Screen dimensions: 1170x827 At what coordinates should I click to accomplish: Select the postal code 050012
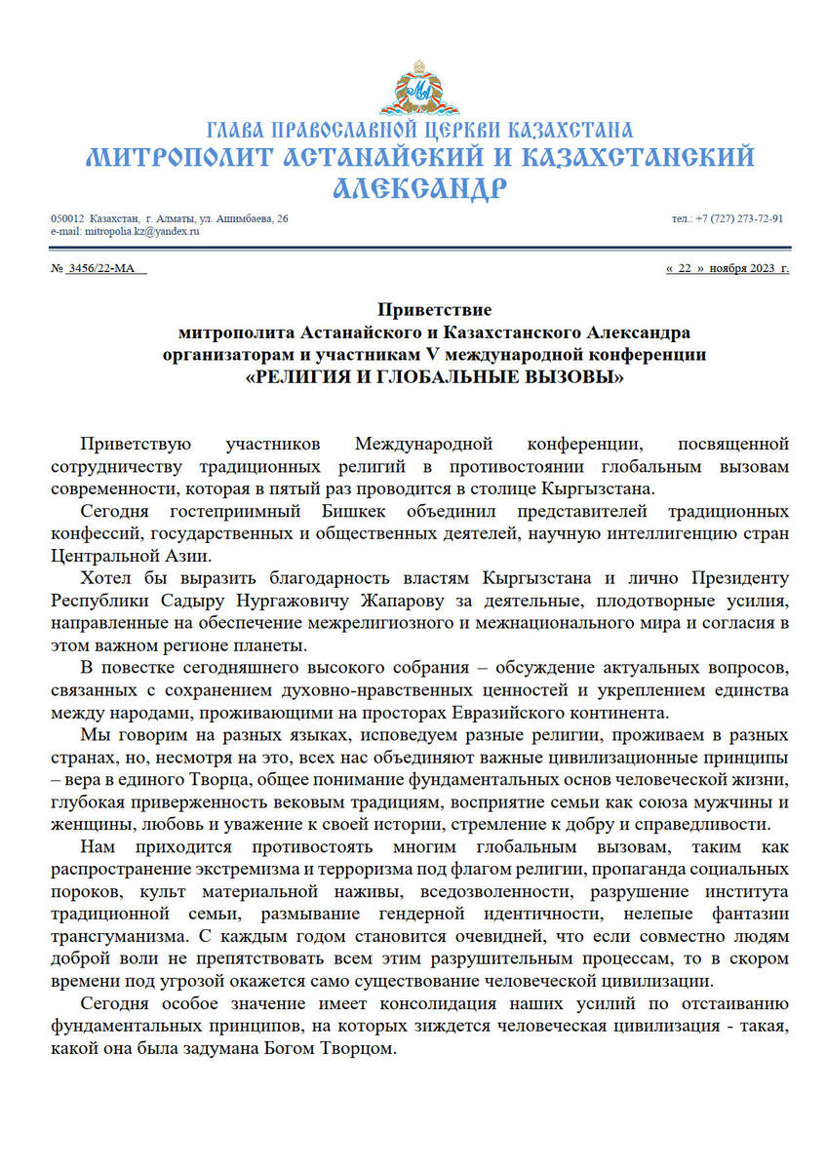click(x=68, y=218)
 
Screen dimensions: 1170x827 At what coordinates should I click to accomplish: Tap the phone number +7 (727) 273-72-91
click(x=740, y=218)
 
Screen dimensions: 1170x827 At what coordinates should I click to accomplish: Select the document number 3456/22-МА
click(x=101, y=268)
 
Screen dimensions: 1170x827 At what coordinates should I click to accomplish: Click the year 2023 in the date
click(x=762, y=268)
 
